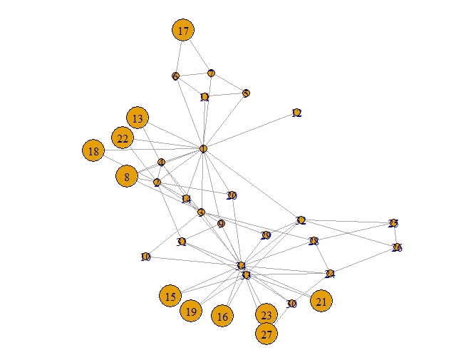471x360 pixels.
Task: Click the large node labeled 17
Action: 183,30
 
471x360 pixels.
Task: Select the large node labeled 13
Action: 138,118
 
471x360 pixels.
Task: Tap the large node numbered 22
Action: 123,138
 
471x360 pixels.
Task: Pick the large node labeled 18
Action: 93,150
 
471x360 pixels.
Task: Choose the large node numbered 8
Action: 127,175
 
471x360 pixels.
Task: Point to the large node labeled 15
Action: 170,296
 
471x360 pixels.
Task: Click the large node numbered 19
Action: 190,312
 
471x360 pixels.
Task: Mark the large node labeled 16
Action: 222,316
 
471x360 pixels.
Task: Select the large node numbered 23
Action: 266,314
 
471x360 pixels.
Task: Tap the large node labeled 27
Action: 266,333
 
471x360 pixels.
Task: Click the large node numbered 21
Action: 321,302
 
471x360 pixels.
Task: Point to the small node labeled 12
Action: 296,113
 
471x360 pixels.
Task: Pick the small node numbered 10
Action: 145,257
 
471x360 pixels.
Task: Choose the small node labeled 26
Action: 397,247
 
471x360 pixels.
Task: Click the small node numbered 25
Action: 393,223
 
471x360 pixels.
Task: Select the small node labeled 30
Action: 291,304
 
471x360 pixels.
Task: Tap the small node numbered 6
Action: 175,76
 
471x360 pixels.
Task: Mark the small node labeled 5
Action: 246,93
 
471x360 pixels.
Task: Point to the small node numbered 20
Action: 231,195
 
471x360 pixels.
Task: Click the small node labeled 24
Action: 329,274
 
